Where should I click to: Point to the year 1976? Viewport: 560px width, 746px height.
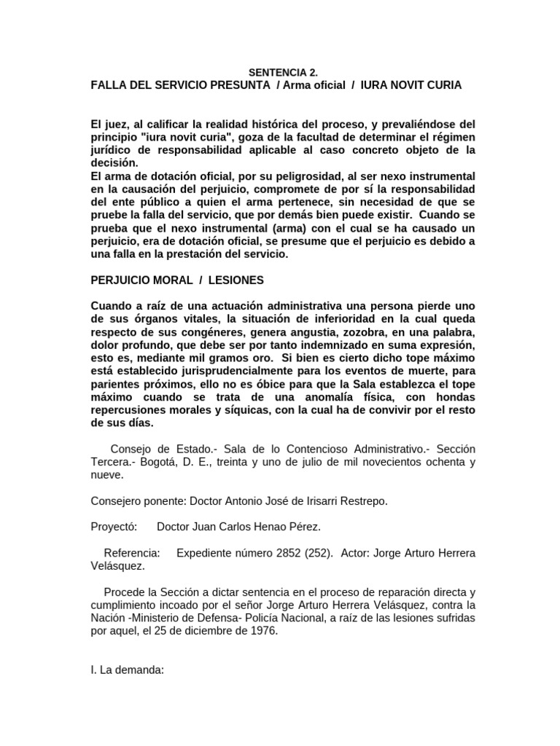(x=261, y=632)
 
